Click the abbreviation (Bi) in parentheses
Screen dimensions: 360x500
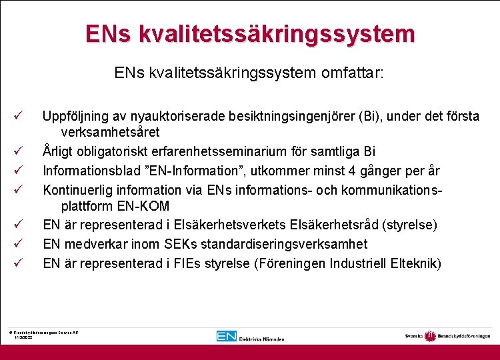(368, 116)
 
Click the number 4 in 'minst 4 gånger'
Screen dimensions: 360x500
(351, 171)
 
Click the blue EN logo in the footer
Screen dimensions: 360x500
(227, 336)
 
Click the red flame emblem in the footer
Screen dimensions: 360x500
(429, 336)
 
